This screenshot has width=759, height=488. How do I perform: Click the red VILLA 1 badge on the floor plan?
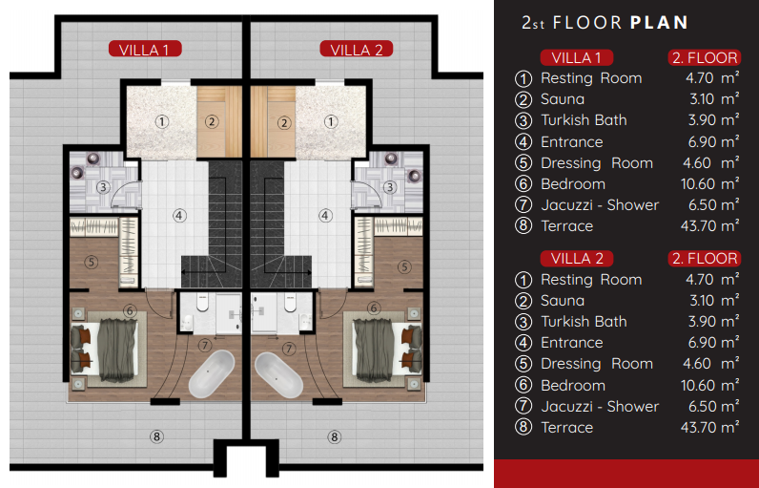click(x=145, y=49)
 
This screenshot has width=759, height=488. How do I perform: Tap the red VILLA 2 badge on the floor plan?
click(x=357, y=49)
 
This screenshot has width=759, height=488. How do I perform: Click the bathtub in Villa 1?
click(x=212, y=374)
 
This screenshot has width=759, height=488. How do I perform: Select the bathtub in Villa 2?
click(x=279, y=374)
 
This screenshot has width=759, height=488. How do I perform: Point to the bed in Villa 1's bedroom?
click(x=109, y=350)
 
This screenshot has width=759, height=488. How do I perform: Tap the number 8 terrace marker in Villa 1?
click(x=156, y=436)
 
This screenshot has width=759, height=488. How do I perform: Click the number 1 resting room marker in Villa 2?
click(x=331, y=121)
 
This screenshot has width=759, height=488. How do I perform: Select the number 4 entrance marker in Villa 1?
click(x=179, y=216)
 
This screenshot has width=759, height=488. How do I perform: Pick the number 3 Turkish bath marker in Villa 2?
click(x=390, y=187)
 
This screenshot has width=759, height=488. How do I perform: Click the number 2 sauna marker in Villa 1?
click(x=212, y=121)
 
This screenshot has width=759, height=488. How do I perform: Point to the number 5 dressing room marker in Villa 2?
click(x=404, y=266)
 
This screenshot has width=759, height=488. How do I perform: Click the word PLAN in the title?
click(x=659, y=22)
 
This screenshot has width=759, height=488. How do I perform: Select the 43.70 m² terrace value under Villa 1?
click(x=709, y=225)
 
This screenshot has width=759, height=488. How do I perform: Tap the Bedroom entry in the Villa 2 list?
click(x=573, y=386)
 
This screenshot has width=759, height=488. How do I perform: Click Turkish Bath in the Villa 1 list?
click(x=584, y=120)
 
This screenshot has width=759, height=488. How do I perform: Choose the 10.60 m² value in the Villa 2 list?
click(x=709, y=386)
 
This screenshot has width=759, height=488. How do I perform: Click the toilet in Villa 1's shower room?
click(x=203, y=304)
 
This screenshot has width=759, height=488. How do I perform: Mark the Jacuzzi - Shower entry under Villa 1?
click(x=600, y=205)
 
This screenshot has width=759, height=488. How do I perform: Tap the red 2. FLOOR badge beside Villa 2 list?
click(x=705, y=258)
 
